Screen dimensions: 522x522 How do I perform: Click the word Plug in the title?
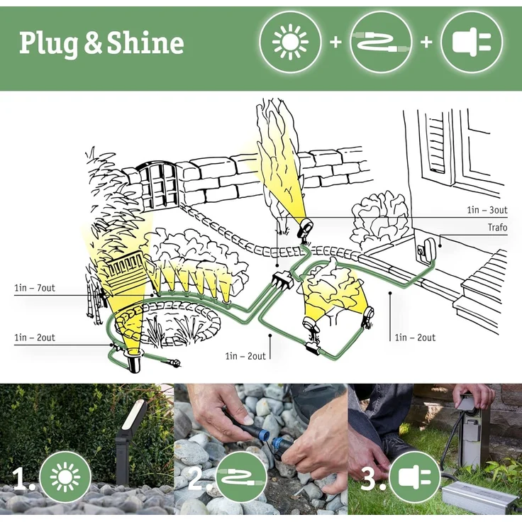pos(48,43)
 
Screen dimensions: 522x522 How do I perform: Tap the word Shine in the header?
pos(145,43)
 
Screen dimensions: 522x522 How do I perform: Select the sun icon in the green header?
pos(291,43)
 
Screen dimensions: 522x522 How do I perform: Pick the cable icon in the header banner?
pos(381,43)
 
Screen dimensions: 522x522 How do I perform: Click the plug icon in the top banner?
pos(472,43)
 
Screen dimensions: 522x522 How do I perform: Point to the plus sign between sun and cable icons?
pos(335,43)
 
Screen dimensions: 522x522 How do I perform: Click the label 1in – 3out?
pos(487,210)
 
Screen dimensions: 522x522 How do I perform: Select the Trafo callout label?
pos(497,228)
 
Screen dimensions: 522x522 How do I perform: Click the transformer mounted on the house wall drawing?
pos(428,248)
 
